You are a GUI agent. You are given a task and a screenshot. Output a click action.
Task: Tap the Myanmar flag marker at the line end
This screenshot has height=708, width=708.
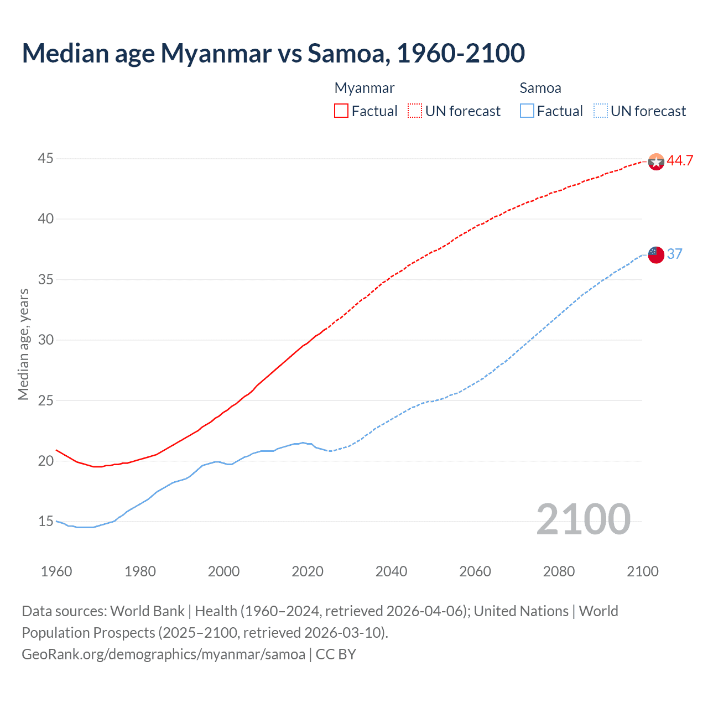655,162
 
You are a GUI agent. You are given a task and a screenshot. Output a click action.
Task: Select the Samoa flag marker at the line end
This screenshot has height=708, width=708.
655,254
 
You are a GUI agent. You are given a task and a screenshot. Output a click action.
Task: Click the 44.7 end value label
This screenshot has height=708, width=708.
680,161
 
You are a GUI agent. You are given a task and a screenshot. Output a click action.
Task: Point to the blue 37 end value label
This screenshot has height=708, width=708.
674,254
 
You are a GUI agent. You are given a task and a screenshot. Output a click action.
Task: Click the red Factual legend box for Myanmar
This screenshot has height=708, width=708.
341,111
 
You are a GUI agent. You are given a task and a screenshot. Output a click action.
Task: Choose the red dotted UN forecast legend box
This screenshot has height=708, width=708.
415,111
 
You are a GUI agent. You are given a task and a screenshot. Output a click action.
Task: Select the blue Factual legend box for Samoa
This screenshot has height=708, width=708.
527,111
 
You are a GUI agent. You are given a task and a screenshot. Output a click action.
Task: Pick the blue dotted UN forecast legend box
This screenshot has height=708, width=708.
601,111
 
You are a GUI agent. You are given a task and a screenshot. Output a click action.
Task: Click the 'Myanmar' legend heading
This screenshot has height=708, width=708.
365,88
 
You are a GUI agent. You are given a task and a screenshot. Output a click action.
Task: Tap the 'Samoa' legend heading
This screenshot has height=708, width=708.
540,88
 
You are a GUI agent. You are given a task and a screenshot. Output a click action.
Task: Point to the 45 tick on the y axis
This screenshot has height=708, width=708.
45,159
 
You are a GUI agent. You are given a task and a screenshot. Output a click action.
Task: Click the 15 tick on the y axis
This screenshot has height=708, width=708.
45,522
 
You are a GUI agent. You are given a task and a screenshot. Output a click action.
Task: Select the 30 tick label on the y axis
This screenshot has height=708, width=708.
45,340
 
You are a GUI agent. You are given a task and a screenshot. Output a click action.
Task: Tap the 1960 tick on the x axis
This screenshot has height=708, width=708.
56,571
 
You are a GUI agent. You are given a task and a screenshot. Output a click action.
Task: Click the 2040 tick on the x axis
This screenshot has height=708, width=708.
391,571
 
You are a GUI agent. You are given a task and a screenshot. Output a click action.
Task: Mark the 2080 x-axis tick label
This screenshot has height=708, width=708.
559,571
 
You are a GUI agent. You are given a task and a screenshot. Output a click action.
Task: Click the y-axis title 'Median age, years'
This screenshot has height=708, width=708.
23,344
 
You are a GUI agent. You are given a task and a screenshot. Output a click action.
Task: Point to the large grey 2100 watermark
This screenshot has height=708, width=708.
583,519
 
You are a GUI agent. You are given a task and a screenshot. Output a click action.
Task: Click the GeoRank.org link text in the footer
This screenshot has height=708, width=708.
163,654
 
